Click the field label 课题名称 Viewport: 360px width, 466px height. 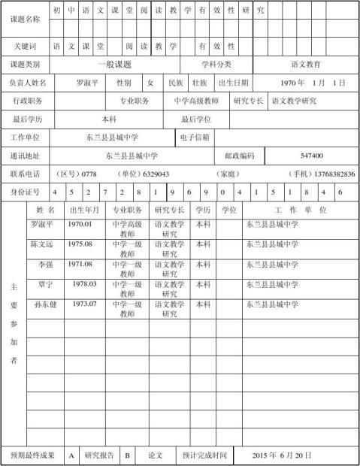coord(27,19)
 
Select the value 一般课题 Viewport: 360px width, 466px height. coord(114,65)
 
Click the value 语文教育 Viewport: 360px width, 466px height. coord(307,65)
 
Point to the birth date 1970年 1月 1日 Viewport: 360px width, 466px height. coord(313,83)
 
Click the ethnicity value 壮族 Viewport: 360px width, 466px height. coord(199,83)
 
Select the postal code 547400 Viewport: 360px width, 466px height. coord(311,156)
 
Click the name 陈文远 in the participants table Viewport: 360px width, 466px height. coord(42,244)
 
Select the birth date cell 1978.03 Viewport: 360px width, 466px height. coord(85,284)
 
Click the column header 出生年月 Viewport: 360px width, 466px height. coord(84,210)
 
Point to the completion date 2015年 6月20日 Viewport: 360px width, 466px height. coord(282,455)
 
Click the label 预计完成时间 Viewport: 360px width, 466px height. coord(204,455)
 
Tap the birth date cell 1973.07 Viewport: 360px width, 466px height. coord(85,304)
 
